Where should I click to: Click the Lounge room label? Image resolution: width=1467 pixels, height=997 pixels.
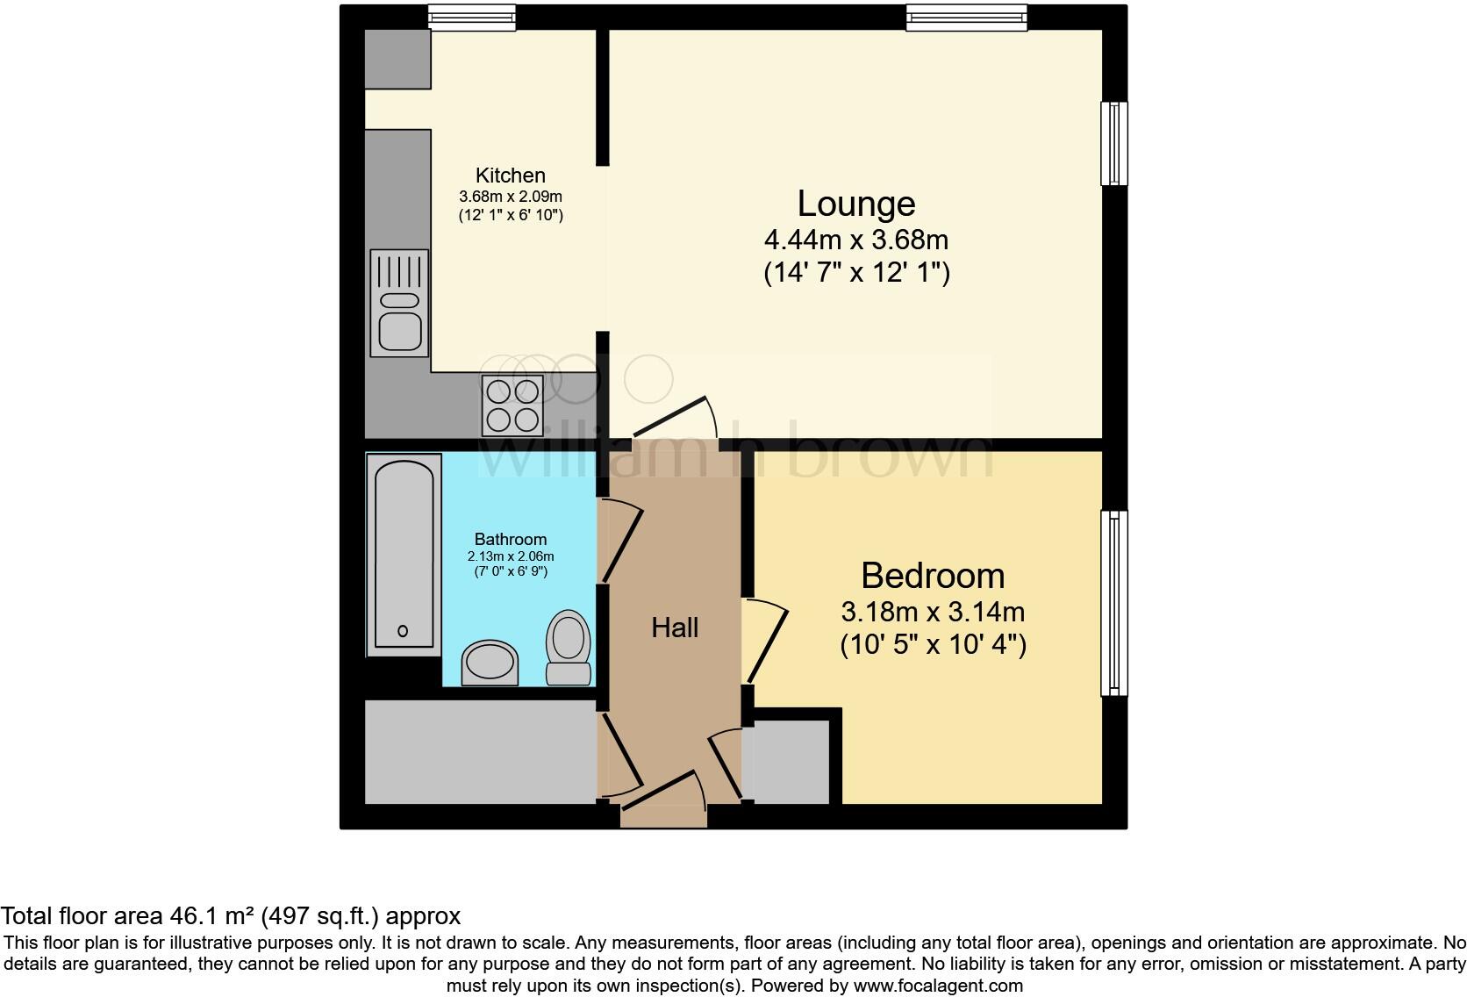pos(855,204)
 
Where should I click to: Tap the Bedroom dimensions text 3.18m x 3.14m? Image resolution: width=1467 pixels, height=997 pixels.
pos(933,612)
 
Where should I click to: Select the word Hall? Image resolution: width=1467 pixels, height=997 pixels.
pos(675,628)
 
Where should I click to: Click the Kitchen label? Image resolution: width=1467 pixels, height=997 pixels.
pos(510,176)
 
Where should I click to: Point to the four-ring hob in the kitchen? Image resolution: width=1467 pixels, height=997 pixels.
pos(512,405)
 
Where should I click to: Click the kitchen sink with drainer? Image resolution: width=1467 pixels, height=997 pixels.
pos(399,303)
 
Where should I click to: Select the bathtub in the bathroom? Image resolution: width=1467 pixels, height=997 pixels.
pos(404,555)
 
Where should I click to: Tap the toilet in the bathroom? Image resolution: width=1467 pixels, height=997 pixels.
pos(569,648)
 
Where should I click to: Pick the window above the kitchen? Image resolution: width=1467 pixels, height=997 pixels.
pos(471,17)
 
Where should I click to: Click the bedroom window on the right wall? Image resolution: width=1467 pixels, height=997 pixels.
pos(1114,604)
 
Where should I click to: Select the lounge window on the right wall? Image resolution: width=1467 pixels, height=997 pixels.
pos(1114,143)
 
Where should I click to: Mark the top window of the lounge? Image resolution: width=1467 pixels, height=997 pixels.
pos(966,17)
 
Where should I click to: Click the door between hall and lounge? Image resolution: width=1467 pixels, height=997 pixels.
pos(674,420)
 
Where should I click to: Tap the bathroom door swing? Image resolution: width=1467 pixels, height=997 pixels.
pos(621,539)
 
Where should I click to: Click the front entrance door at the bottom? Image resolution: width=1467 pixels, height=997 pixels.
pos(665,798)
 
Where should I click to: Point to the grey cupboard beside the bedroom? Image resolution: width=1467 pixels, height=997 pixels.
pos(788,762)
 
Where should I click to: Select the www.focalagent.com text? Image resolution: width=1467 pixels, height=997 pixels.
pos(937,986)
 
